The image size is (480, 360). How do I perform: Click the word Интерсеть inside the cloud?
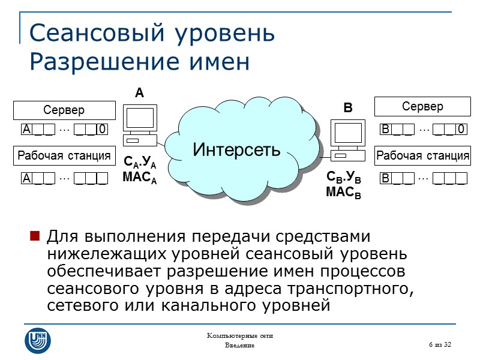(236, 149)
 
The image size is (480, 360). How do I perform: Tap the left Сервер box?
(64, 110)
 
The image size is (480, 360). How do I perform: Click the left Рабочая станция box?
(64, 156)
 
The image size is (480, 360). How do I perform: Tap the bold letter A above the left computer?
(139, 93)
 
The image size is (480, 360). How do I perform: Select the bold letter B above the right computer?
(347, 109)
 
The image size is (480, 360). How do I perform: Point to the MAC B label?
(343, 193)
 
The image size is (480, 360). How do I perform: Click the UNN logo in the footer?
(37, 340)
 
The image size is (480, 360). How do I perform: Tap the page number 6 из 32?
(439, 344)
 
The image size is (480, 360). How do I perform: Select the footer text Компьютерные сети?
(239, 335)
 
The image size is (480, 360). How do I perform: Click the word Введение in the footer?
(239, 346)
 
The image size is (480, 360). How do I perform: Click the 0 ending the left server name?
(103, 129)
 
